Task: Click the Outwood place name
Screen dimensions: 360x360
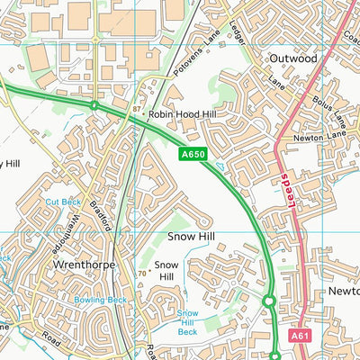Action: point(293,58)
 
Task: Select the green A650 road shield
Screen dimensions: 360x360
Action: point(193,156)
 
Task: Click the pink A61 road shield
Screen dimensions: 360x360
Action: point(301,335)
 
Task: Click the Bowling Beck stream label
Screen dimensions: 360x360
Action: point(101,299)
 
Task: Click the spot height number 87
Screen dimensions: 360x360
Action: point(136,109)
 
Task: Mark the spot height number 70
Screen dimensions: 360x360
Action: point(141,273)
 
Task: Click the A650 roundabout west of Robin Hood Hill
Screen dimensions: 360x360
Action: point(94,105)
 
